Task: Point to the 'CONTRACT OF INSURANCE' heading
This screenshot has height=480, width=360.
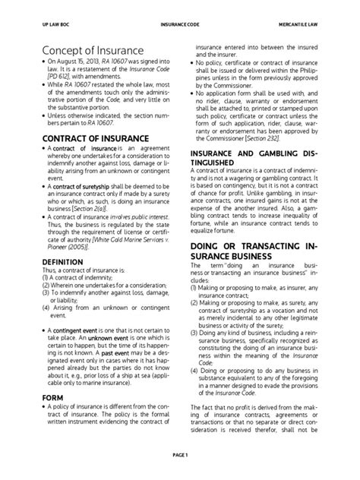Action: [77, 138]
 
